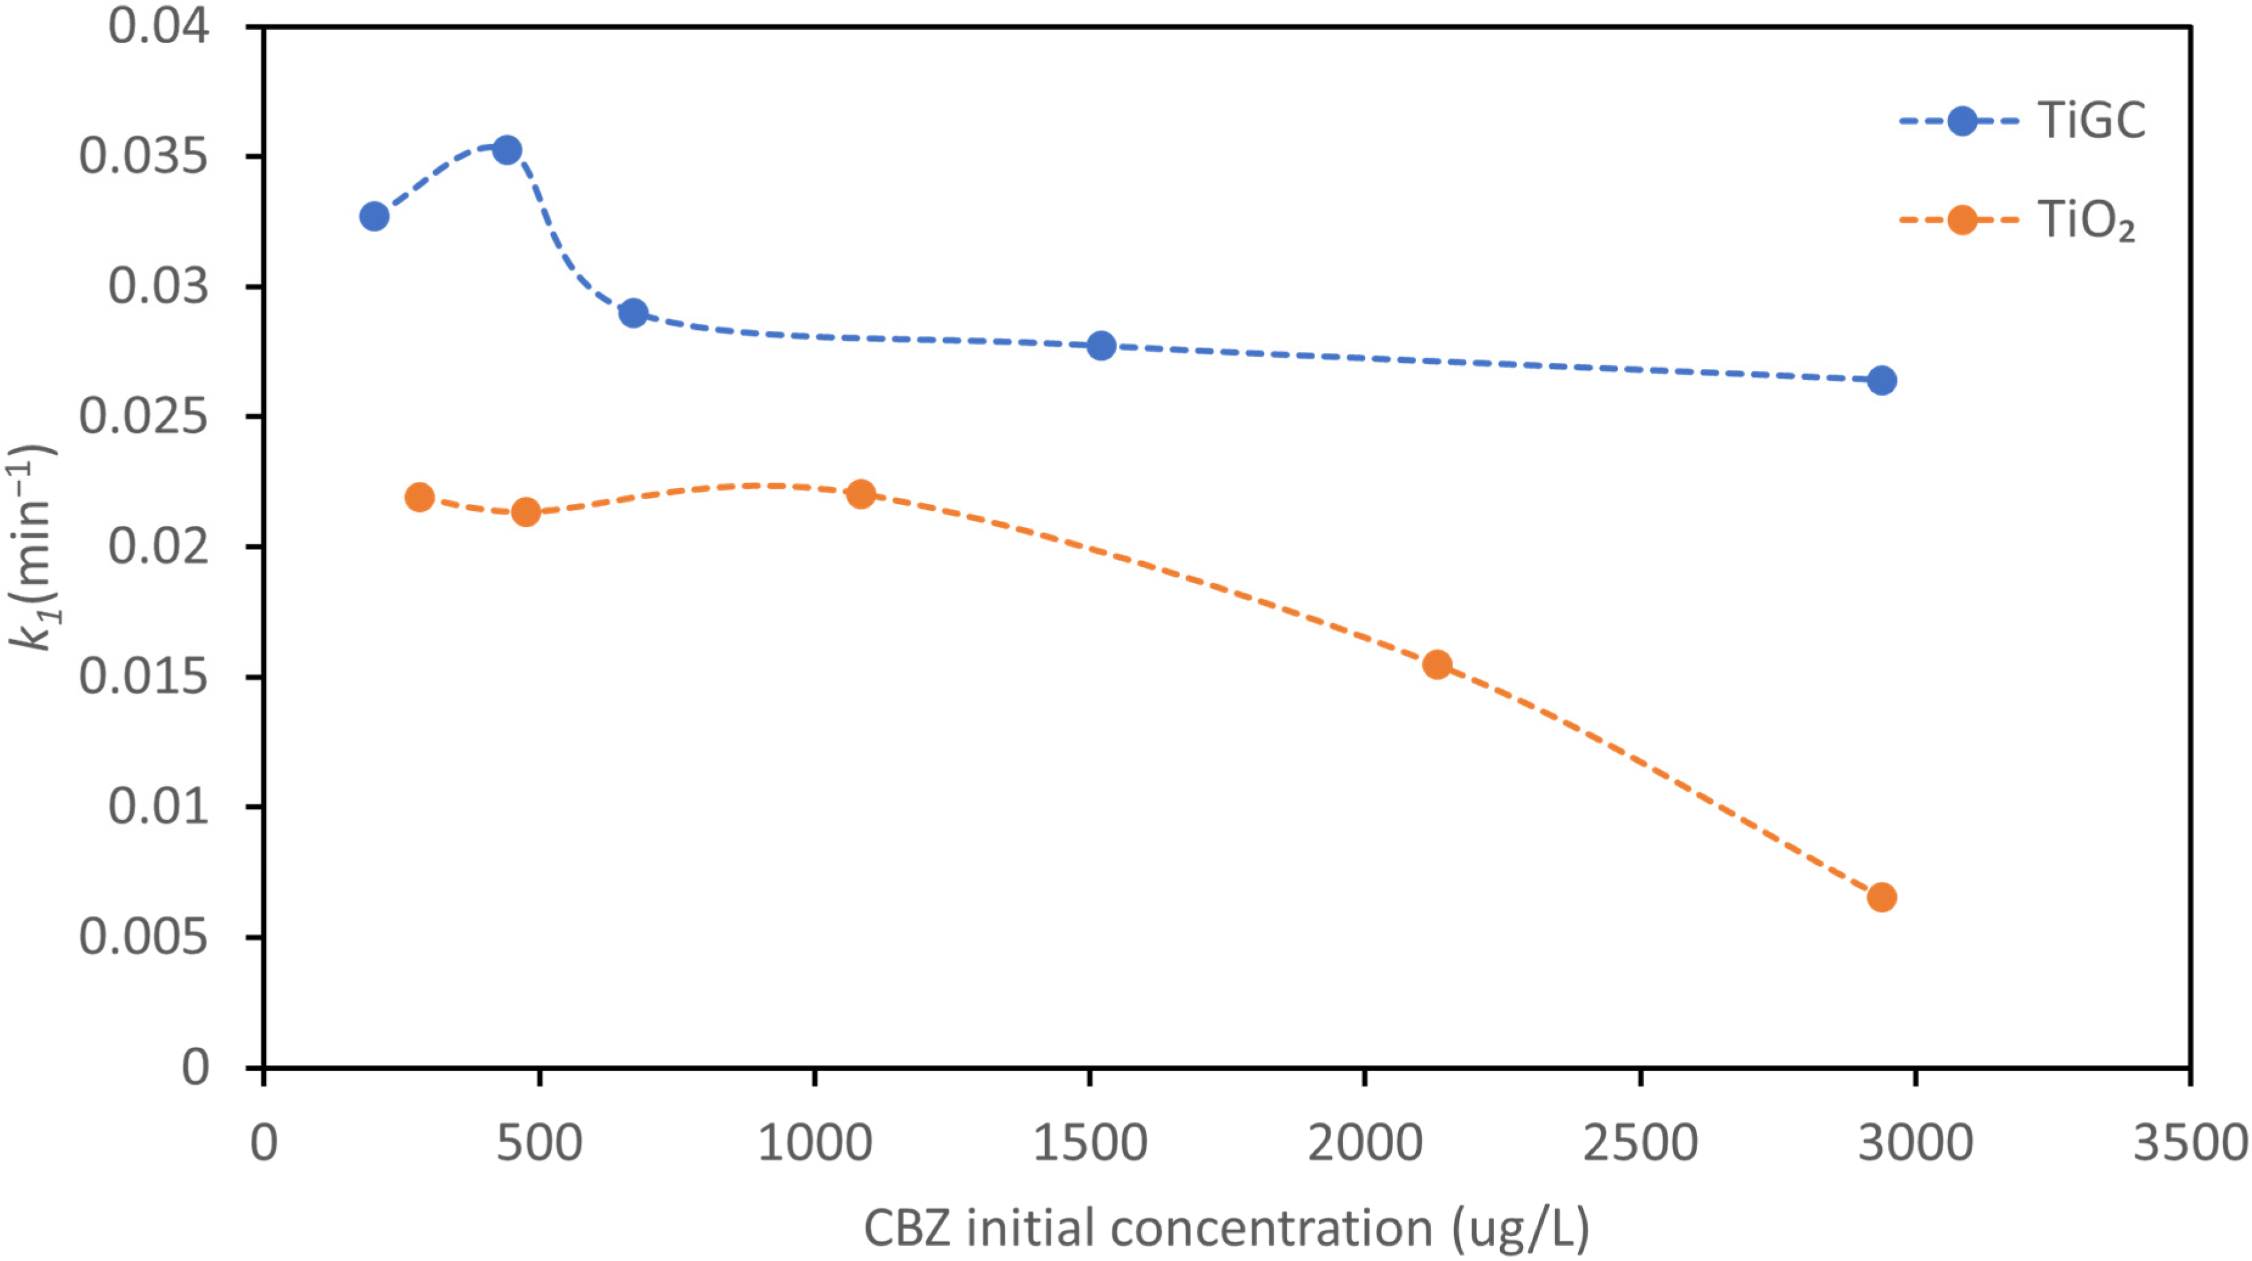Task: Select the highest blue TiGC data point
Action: [x=507, y=150]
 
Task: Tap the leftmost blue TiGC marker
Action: [x=374, y=216]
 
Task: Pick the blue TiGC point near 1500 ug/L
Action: [x=1102, y=346]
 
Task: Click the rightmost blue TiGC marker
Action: [x=1882, y=380]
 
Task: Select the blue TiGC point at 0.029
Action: [x=634, y=313]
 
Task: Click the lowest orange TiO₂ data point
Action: [x=1882, y=897]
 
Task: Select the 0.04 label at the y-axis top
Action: [x=158, y=26]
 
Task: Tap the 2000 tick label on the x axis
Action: [x=1364, y=1142]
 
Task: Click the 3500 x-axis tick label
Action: [x=2190, y=1142]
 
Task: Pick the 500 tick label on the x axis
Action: [x=540, y=1142]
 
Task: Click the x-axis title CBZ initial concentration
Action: [x=1226, y=1228]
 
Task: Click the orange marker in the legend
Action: [x=1962, y=220]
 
